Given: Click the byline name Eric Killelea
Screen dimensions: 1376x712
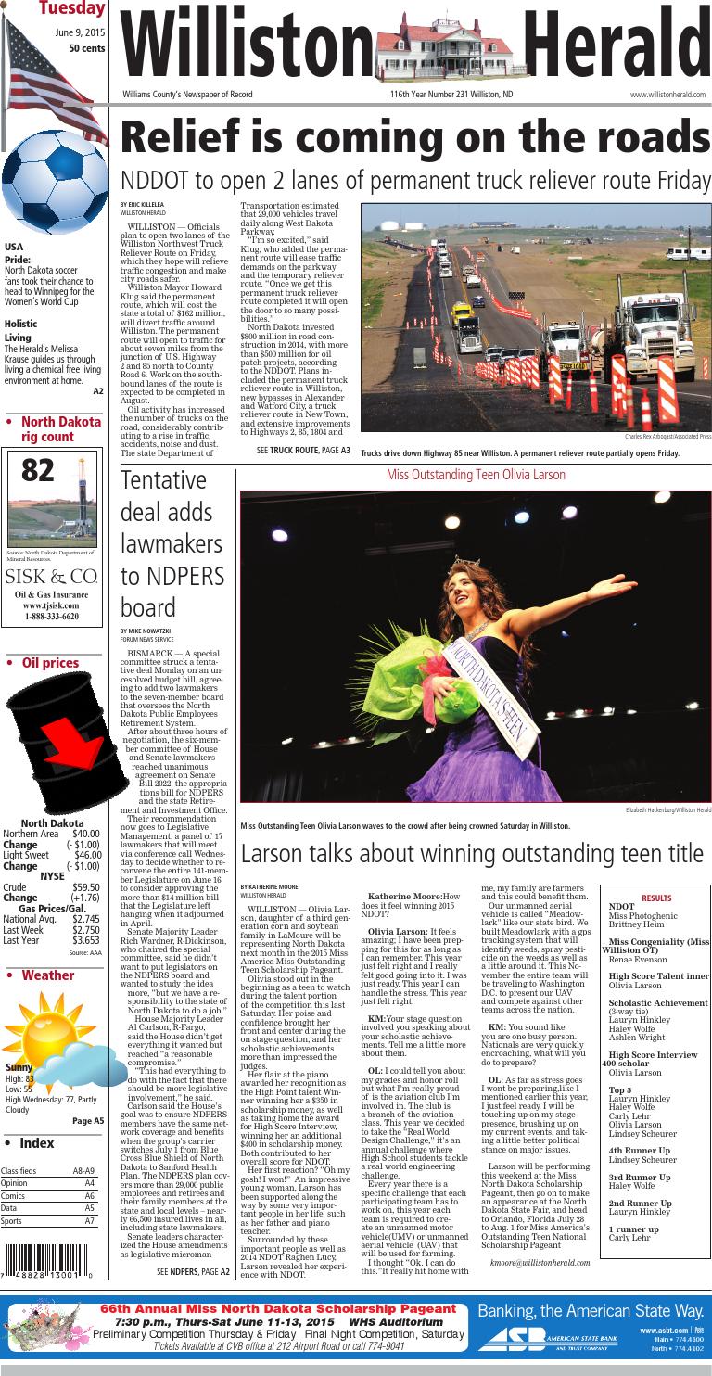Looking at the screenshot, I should coord(139,204).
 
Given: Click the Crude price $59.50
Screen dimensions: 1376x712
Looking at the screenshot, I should coord(85,887).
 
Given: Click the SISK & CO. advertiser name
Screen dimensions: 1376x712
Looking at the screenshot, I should coord(52,577).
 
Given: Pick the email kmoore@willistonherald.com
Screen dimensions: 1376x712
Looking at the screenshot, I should coord(540,1262).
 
